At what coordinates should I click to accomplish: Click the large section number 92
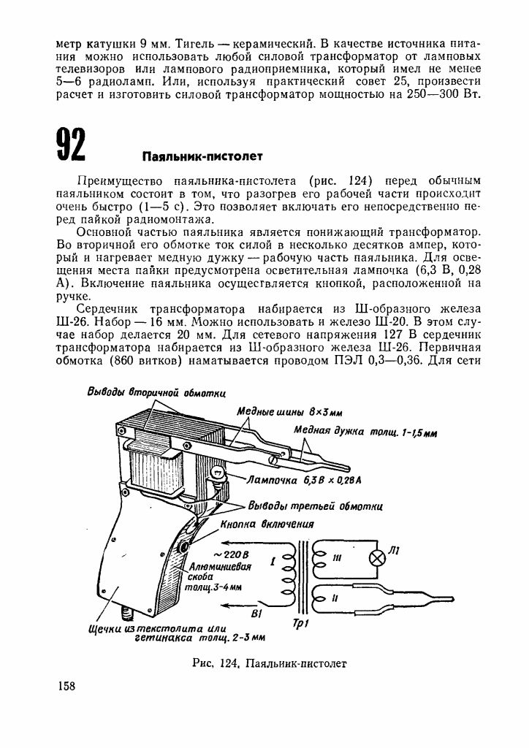[71, 143]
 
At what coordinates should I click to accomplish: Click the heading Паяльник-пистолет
[202, 156]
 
